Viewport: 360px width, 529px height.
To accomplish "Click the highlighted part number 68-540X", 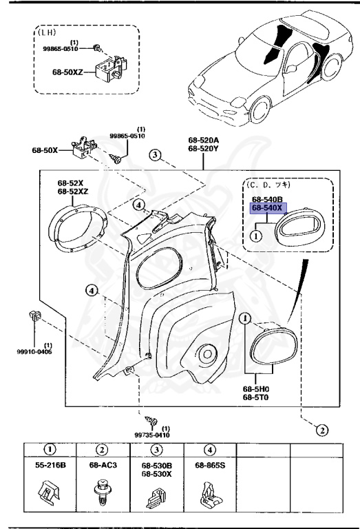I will coord(268,207).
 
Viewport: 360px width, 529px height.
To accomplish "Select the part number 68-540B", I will coord(268,198).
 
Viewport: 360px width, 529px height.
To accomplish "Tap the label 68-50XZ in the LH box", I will coord(68,71).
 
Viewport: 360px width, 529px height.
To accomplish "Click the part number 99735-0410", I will coord(152,435).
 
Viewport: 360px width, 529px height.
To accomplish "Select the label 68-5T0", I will coord(255,397).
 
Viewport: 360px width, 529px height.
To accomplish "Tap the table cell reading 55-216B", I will coord(50,466).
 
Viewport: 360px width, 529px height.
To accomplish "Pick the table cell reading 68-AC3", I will coord(103,466).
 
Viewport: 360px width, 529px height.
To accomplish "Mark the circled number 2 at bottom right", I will coord(321,431).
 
